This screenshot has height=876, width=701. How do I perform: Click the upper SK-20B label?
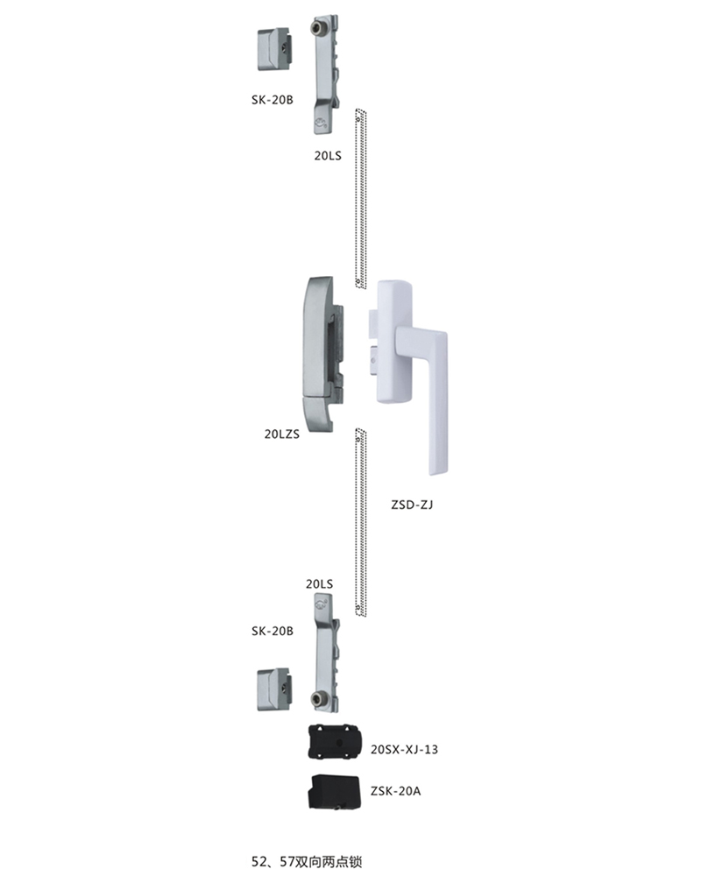tap(273, 100)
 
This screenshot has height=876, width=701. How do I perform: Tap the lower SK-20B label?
tap(273, 631)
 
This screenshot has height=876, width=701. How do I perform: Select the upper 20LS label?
tap(328, 156)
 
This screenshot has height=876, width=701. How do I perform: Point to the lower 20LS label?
tap(319, 583)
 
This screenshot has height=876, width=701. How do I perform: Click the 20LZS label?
tap(282, 434)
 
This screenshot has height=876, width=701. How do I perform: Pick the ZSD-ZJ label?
tap(412, 505)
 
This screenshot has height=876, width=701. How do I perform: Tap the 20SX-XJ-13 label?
tap(404, 749)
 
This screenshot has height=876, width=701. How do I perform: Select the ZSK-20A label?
tap(395, 791)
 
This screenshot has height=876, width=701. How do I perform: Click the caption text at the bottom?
tap(308, 861)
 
